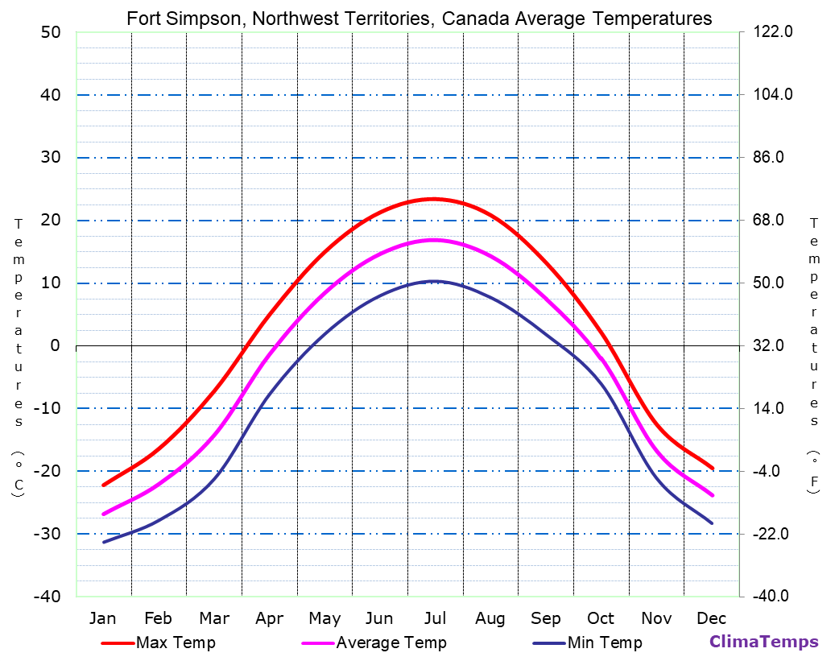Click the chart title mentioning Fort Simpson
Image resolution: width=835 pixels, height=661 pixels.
419,19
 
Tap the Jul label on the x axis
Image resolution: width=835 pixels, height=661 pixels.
435,618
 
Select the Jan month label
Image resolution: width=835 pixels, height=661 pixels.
102,618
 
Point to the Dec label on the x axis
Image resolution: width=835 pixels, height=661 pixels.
712,618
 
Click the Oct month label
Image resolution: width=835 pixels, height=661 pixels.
601,618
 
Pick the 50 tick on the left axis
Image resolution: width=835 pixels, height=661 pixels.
50,32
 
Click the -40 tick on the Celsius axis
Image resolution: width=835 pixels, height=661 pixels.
46,597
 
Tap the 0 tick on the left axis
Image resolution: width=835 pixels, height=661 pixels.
55,345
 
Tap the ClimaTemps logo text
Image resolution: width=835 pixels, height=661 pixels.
763,642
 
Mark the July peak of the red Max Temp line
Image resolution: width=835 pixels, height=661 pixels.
434,198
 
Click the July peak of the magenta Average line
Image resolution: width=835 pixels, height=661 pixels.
434,240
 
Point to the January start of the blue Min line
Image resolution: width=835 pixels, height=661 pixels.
103,542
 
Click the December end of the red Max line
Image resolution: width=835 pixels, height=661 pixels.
712,468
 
